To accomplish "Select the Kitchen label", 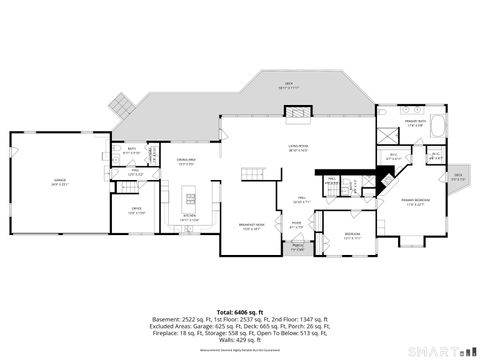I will coord(189,217).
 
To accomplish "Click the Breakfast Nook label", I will coord(250,226).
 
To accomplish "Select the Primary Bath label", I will coord(416,124).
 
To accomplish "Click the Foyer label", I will coord(297,226).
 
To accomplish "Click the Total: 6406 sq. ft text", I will coord(239,286).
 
